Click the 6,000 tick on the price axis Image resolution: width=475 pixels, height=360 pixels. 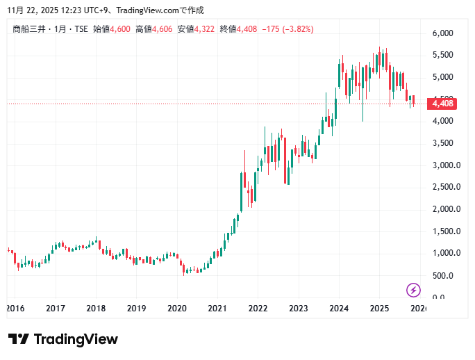(x=442, y=33)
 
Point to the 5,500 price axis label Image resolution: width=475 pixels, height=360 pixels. (x=442, y=55)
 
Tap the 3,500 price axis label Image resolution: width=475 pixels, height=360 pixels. (x=442, y=143)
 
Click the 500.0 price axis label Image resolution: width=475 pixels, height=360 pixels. (x=442, y=276)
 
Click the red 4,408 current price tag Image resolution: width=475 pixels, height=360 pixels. (x=442, y=104)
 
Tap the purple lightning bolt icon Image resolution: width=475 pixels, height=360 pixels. (x=413, y=290)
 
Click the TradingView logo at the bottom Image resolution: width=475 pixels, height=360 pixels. (x=63, y=339)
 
